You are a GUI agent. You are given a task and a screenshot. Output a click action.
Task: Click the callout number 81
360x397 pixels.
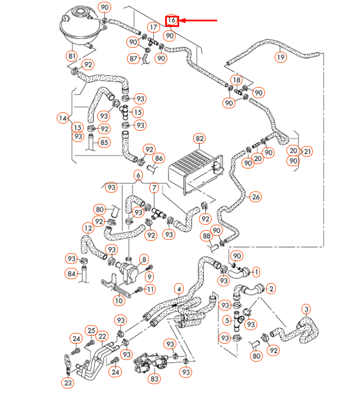pyautogui.click(x=71, y=56)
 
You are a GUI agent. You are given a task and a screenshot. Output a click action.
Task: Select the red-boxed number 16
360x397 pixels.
pyautogui.click(x=172, y=21)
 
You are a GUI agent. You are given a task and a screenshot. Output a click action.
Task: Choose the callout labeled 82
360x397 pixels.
pyautogui.click(x=199, y=138)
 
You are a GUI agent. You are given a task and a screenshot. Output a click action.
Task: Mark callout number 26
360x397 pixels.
pyautogui.click(x=256, y=197)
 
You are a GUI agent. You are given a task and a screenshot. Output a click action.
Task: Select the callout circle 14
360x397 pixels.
pyautogui.click(x=63, y=118)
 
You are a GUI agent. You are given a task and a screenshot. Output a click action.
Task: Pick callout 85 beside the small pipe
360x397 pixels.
pyautogui.click(x=104, y=143)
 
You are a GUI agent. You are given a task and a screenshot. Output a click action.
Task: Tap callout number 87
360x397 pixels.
pyautogui.click(x=133, y=58)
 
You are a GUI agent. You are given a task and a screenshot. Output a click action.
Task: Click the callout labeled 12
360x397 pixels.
pyautogui.click(x=88, y=229)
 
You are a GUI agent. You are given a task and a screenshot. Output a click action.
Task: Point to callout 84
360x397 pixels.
pyautogui.click(x=70, y=274)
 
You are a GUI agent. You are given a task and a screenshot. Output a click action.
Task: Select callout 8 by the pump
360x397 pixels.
pyautogui.click(x=144, y=259)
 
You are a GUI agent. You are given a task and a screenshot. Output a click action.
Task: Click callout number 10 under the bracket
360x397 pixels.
pyautogui.click(x=119, y=301)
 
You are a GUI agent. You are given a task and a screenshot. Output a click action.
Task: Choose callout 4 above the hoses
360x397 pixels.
pyautogui.click(x=179, y=290)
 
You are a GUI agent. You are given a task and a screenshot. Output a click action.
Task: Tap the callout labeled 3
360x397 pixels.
pyautogui.click(x=306, y=308)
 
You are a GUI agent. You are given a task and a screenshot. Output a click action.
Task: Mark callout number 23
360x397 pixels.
pyautogui.click(x=68, y=383)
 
